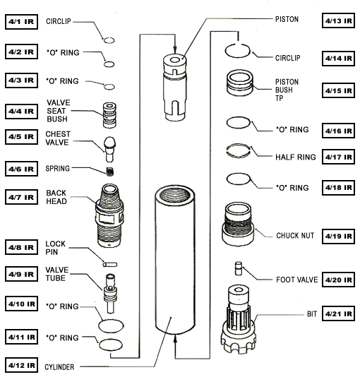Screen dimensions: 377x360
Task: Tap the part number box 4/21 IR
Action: (x=338, y=312)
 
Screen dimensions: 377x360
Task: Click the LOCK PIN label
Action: (x=56, y=249)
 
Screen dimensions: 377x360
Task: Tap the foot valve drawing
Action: (x=239, y=269)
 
